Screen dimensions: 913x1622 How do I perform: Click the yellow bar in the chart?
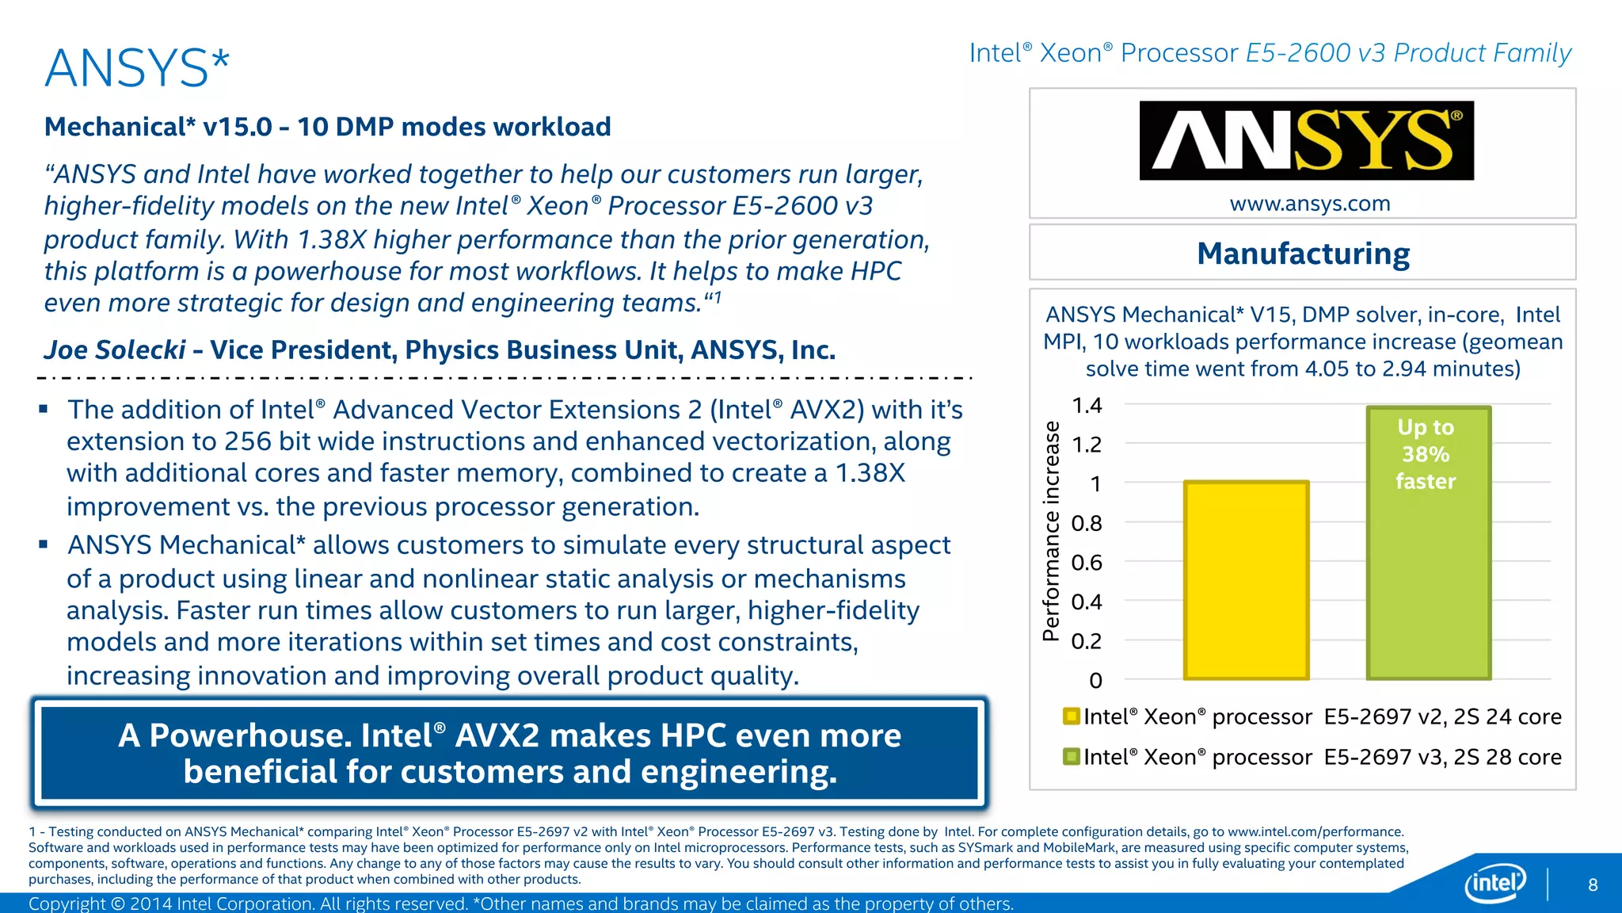(1246, 580)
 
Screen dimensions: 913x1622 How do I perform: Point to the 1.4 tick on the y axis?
(1087, 406)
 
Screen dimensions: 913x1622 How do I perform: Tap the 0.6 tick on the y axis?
(1087, 563)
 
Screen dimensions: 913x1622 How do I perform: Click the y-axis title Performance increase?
(1051, 531)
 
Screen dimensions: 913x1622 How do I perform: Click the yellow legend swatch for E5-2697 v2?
(1072, 716)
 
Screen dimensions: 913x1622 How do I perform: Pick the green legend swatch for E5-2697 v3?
(1072, 757)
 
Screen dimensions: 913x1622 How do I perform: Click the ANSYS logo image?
(1306, 140)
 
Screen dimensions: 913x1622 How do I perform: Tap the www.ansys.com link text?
(1310, 204)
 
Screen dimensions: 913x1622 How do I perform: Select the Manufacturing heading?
(1303, 254)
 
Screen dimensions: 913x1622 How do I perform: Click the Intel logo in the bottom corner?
(1495, 882)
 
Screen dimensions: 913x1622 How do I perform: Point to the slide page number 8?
(1593, 884)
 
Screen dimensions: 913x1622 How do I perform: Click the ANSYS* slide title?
(137, 68)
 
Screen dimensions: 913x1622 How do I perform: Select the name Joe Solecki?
(115, 350)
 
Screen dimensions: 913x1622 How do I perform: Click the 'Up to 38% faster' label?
(1426, 454)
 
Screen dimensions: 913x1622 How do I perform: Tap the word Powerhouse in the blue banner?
(250, 735)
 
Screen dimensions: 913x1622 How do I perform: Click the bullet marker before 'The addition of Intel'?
(44, 410)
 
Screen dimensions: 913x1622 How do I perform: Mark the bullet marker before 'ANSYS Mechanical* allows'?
(44, 544)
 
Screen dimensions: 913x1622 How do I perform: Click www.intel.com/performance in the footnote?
(1315, 831)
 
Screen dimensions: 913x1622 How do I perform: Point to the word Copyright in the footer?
(67, 903)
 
